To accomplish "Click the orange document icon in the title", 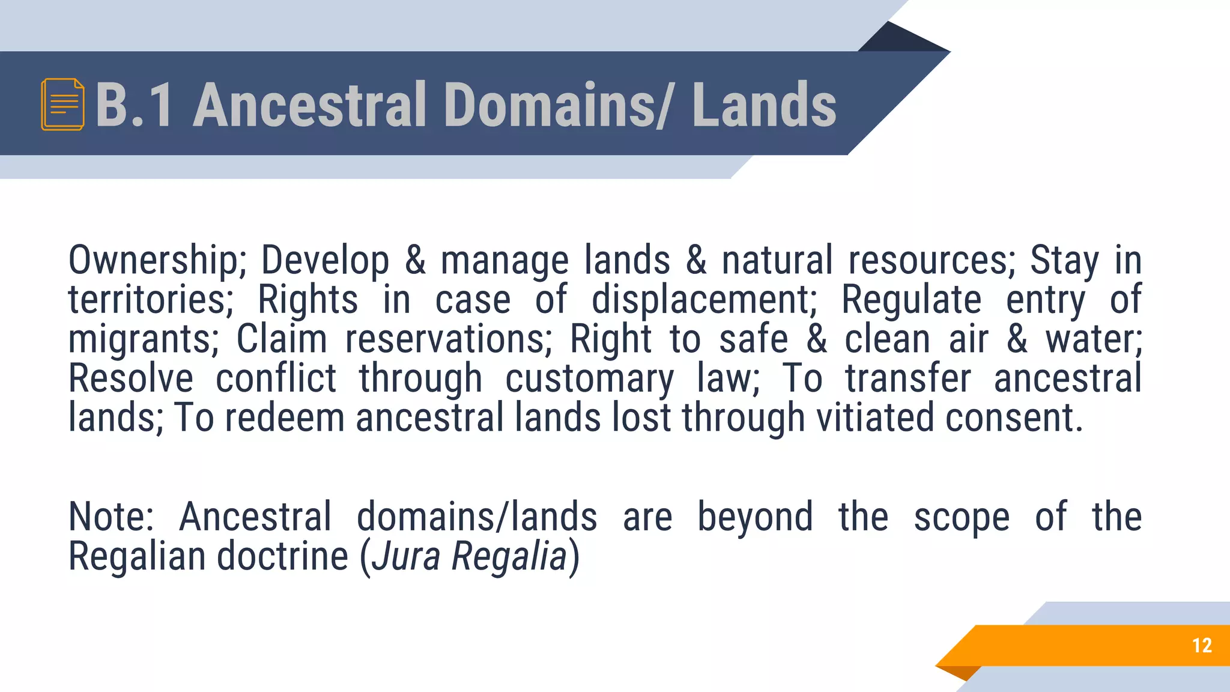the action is pyautogui.click(x=62, y=105).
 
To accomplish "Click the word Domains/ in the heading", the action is pyautogui.click(x=559, y=105).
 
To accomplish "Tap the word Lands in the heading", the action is pyautogui.click(x=764, y=105).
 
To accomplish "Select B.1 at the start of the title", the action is pyautogui.click(x=134, y=105).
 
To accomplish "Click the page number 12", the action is pyautogui.click(x=1202, y=645).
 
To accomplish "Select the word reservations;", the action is pyautogui.click(x=448, y=339).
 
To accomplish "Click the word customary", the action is pyautogui.click(x=589, y=380).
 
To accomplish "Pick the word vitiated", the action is pyautogui.click(x=874, y=418).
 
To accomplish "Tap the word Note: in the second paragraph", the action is pyautogui.click(x=111, y=517).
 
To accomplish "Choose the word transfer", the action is pyautogui.click(x=907, y=379).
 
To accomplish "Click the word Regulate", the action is pyautogui.click(x=911, y=300).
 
